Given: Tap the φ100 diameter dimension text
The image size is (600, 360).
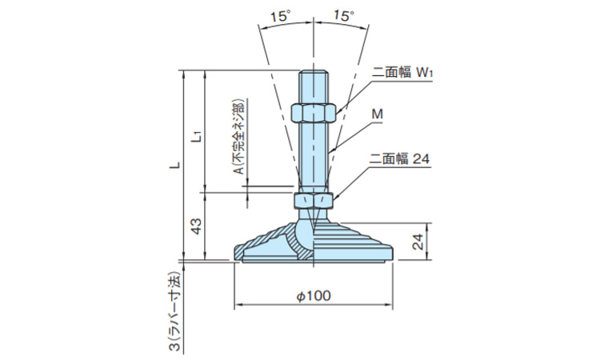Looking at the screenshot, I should point(314,295).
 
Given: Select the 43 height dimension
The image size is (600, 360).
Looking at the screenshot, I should point(194,226).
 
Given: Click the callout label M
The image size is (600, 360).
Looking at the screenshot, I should point(378,116).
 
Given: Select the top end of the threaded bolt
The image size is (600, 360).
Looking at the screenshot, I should point(314,74).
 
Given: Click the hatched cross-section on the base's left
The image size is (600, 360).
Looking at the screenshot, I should point(268,243).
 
